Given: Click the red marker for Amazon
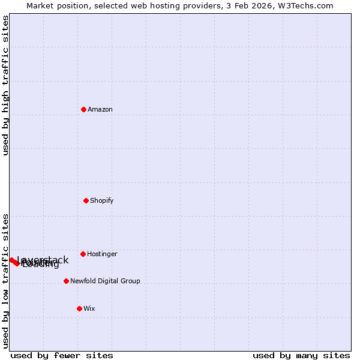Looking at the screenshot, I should tap(83, 109).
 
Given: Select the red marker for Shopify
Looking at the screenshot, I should tap(86, 200).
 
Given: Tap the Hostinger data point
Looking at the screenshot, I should tap(83, 254).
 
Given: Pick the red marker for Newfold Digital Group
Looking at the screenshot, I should tap(66, 281).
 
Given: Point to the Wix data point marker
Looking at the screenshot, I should tap(79, 308).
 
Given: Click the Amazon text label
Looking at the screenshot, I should tap(100, 109).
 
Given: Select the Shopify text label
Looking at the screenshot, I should tap(102, 200).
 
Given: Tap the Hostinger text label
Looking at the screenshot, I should tap(102, 254).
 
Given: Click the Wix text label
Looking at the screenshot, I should tap(89, 308).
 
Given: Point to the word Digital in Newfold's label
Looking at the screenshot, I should tap(111, 281).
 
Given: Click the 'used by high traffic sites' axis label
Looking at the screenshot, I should tap(5, 85).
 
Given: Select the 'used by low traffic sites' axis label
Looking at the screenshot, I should tap(5, 281).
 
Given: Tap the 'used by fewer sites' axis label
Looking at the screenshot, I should tap(62, 356).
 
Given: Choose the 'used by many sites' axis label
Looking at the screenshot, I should tap(301, 356).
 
